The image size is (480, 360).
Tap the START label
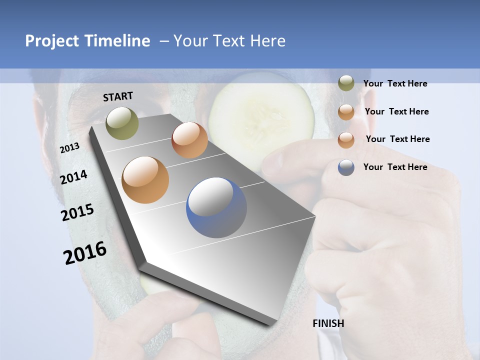118,96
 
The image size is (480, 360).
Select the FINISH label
328,323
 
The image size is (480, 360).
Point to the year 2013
69,148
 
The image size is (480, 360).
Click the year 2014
74,177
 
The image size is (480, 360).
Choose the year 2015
77,212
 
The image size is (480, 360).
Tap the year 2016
85,252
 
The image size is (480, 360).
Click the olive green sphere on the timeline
122,123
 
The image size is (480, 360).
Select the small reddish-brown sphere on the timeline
189,140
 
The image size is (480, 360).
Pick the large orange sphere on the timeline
145,180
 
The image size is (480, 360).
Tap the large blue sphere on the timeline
216,207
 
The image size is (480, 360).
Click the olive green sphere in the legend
346,83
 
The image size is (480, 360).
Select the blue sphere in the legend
346,167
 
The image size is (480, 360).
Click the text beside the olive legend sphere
395,83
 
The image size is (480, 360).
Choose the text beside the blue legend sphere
395,167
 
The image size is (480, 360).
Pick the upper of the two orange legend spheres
346,112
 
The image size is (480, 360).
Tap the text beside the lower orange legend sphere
397,139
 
